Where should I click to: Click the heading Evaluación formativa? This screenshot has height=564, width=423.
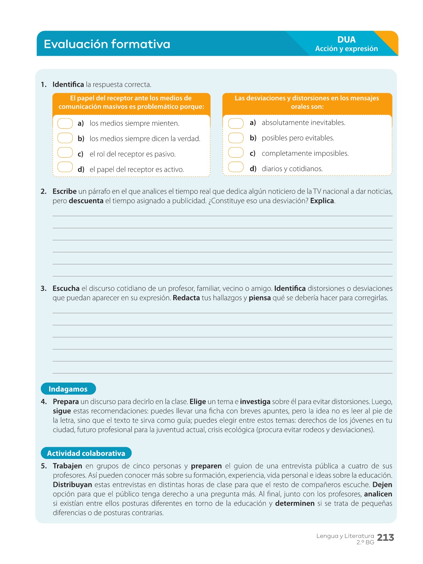coord(107,44)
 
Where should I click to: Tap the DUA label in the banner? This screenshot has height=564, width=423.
coord(346,40)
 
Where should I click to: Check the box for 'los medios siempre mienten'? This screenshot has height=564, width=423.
coord(65,123)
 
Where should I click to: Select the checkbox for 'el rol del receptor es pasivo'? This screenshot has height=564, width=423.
coord(65,153)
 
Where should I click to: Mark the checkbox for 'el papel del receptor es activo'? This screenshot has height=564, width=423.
coord(65,167)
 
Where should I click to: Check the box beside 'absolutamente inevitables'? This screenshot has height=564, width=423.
coord(236,123)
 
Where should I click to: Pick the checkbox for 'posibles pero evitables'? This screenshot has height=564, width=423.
coord(236,138)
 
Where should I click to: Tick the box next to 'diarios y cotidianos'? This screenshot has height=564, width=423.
coord(236,167)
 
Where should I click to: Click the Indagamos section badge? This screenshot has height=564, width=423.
coord(68,389)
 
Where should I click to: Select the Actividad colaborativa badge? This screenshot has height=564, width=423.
coord(86,453)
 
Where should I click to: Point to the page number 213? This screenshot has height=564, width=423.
coord(385,538)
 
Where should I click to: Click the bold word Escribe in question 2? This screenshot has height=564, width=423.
coord(65,191)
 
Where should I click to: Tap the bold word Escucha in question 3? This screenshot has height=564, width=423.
coord(66,289)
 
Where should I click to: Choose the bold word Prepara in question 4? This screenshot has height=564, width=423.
coord(66,402)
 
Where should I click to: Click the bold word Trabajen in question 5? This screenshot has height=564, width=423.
coord(67,466)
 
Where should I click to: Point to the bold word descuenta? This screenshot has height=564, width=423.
coord(86,201)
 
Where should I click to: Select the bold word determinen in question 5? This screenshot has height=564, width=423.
coord(295,504)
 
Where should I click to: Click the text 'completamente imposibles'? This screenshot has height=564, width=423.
coord(305,154)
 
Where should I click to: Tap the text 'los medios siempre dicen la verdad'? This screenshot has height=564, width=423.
coord(145,139)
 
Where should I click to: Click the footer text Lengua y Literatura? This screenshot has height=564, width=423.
coord(345,536)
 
